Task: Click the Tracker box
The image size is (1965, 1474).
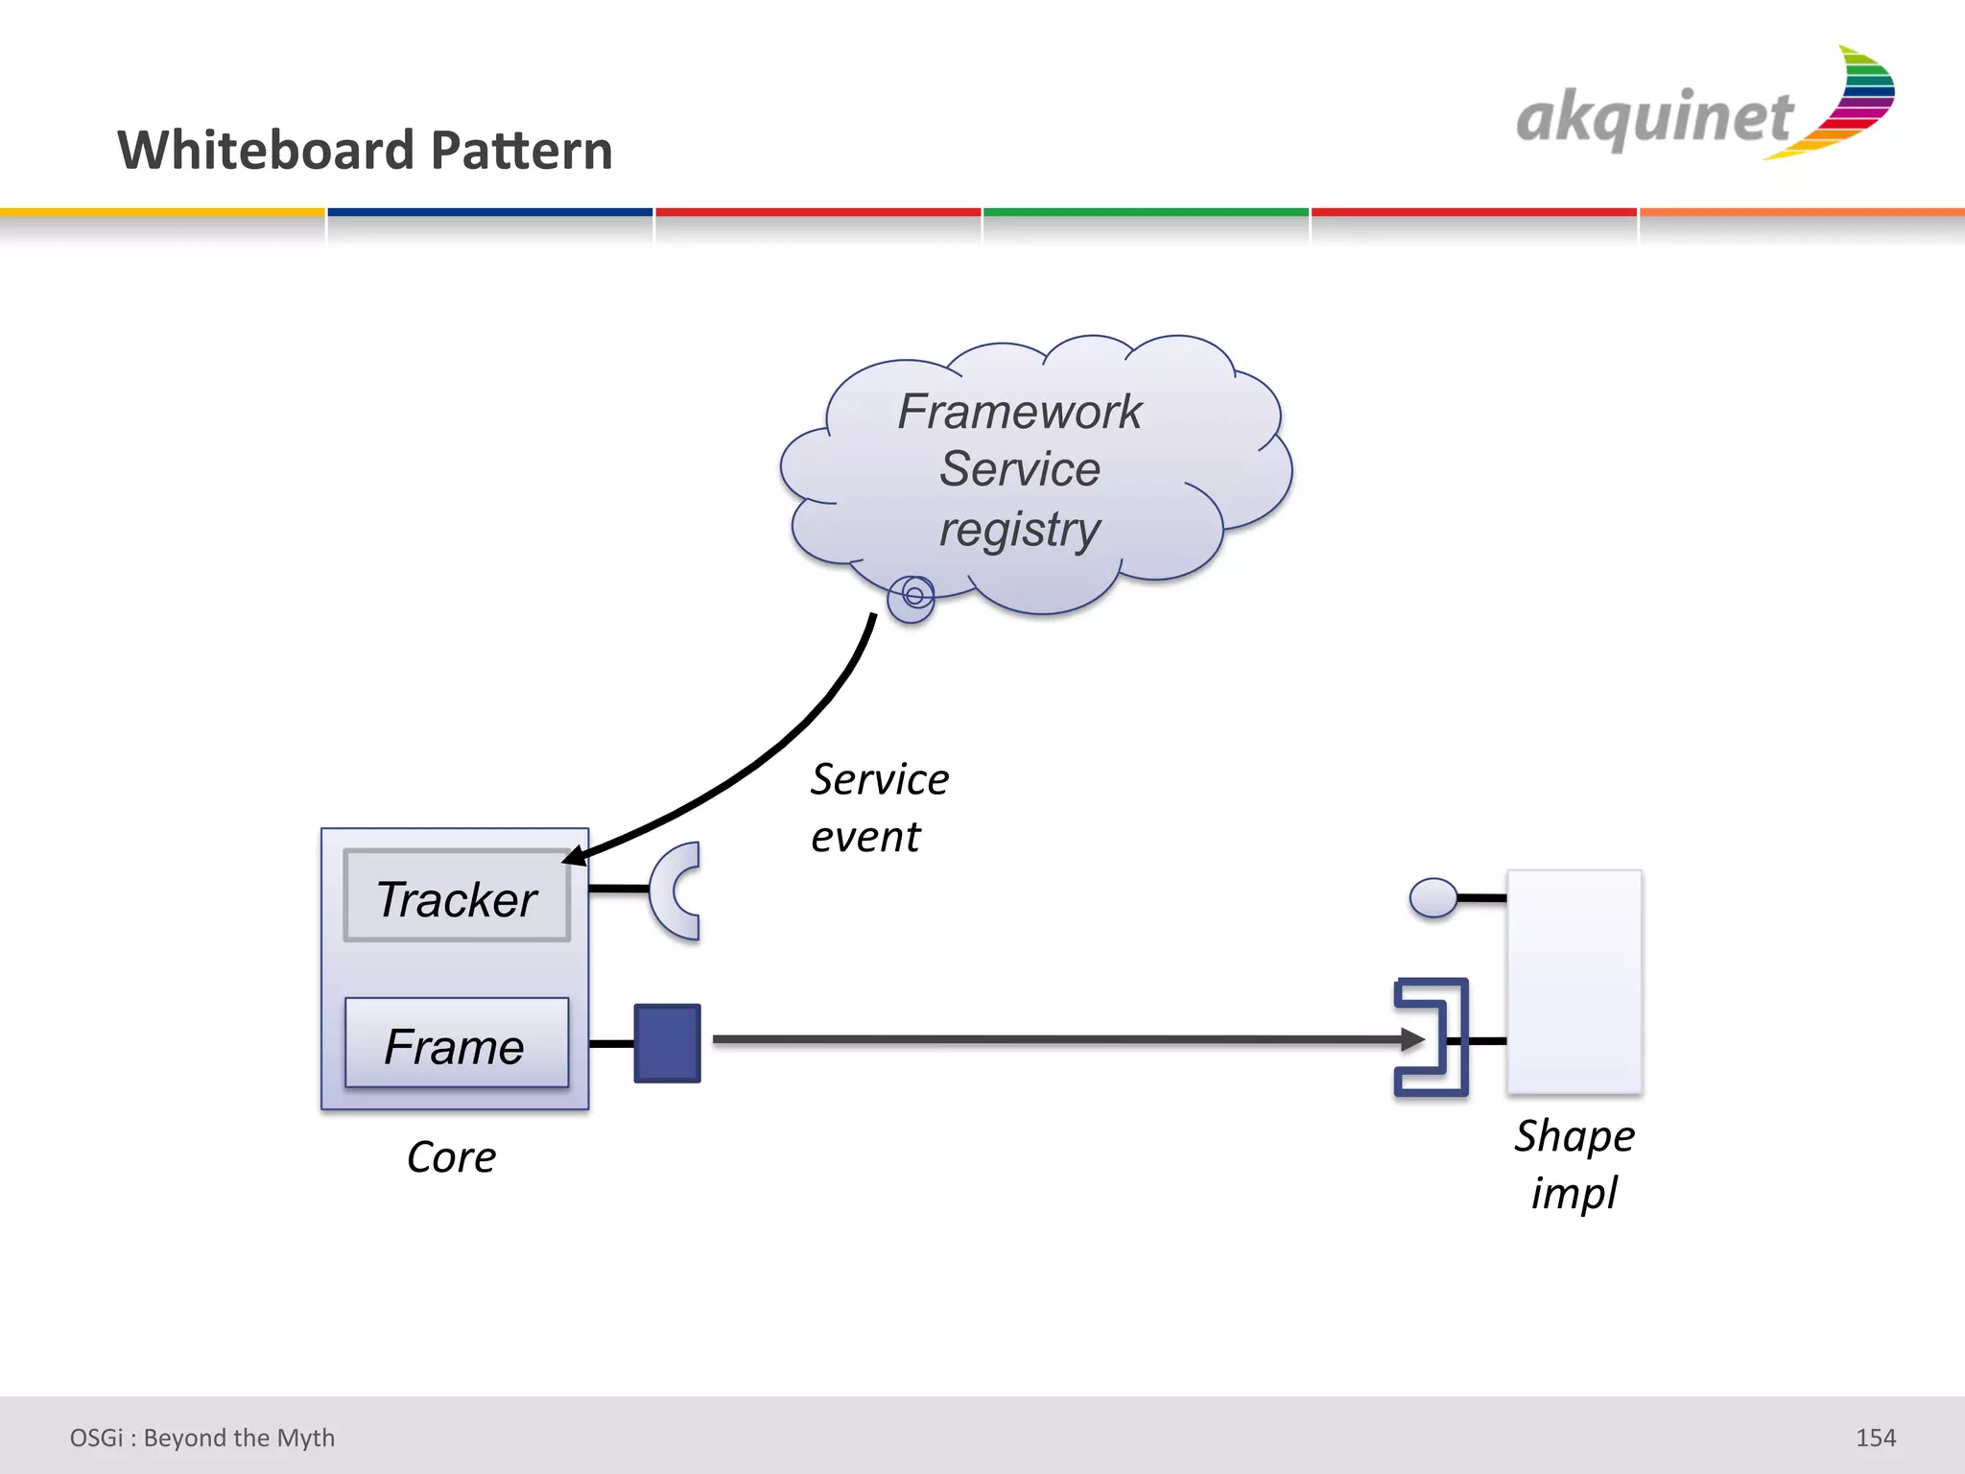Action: (457, 896)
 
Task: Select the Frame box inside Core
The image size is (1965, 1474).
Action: (457, 1044)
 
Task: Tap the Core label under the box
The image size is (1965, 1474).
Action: (451, 1157)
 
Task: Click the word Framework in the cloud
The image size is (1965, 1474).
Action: (1019, 413)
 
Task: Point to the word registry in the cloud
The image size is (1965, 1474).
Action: (1019, 530)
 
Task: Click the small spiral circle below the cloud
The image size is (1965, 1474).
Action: (912, 597)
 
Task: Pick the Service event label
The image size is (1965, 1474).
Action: (878, 807)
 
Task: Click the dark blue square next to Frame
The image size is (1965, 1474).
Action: (667, 1043)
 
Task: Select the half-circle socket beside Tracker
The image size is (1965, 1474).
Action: (675, 891)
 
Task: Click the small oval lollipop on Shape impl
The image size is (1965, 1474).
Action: (1433, 898)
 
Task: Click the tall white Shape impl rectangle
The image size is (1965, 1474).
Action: (1574, 981)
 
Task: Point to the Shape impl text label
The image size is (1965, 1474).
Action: (1574, 1163)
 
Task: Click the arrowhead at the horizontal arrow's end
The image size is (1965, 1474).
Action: (1412, 1039)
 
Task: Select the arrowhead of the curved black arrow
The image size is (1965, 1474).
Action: (574, 855)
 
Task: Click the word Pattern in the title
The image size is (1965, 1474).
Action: (521, 151)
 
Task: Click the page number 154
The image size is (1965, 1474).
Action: (1875, 1438)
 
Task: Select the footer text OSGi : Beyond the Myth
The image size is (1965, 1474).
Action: (201, 1438)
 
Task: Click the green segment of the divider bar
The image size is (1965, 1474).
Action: (1146, 212)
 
